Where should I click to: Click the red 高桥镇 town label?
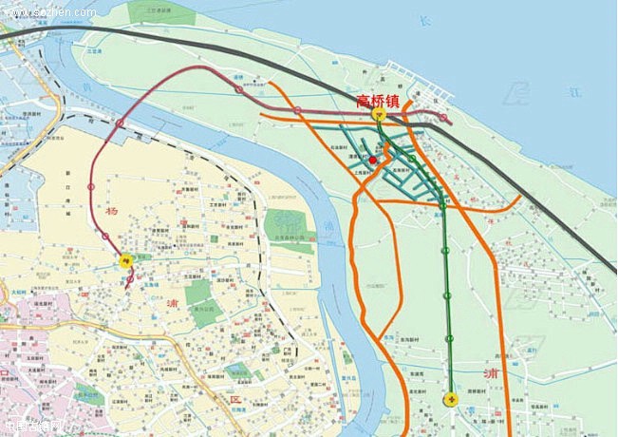[378, 99]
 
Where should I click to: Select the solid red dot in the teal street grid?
[373, 161]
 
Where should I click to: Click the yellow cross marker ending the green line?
[451, 399]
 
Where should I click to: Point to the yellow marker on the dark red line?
[124, 257]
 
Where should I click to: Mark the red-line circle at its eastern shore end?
[442, 118]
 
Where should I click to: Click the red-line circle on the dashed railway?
[120, 123]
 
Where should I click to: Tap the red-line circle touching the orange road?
[297, 109]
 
